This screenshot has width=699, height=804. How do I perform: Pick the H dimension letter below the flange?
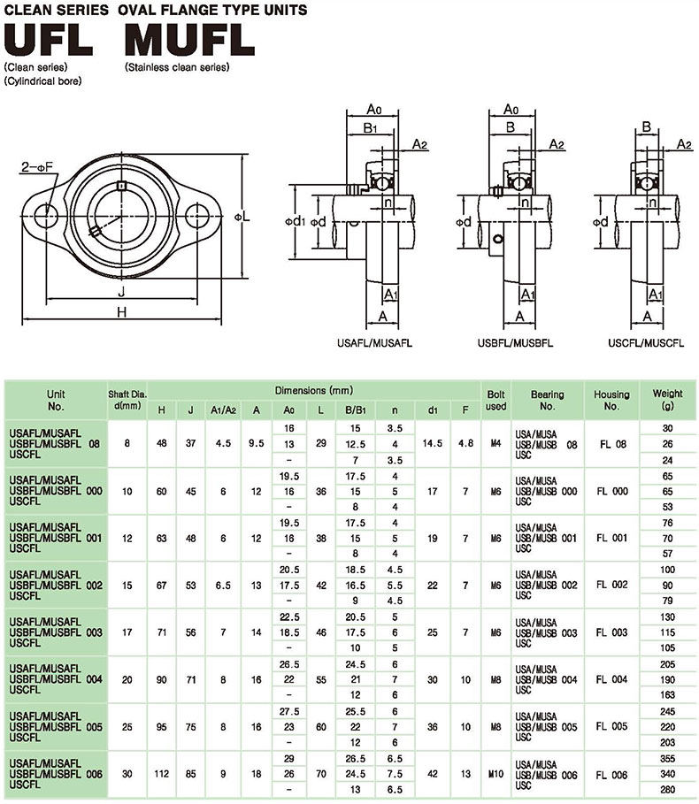click(x=122, y=311)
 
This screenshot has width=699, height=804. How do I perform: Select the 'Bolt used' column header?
click(x=496, y=400)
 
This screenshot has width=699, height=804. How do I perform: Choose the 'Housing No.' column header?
click(x=611, y=400)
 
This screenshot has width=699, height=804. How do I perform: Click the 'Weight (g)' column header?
click(x=667, y=399)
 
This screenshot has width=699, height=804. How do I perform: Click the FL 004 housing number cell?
click(x=611, y=679)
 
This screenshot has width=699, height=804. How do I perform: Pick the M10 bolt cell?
click(x=496, y=774)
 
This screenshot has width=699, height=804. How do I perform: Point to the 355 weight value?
click(x=667, y=758)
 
